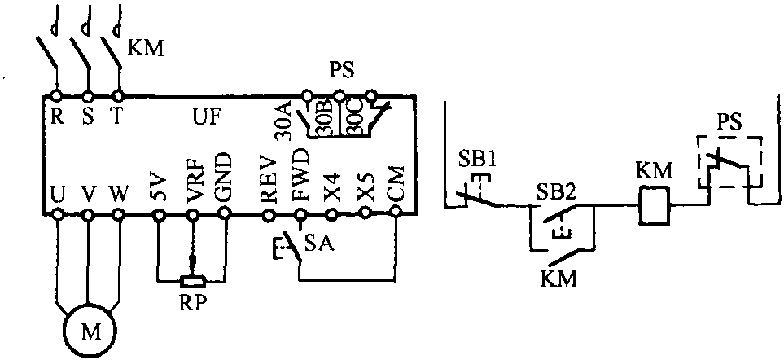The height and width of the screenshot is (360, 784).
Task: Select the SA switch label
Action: point(318,242)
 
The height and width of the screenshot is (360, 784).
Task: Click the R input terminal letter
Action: point(56,116)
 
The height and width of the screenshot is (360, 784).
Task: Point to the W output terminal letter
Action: point(119,195)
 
